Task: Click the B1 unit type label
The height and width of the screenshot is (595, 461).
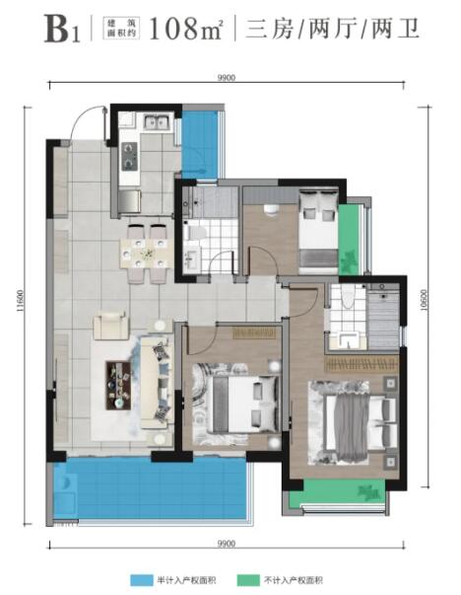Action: [62, 30]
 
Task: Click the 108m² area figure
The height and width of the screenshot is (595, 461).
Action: [185, 29]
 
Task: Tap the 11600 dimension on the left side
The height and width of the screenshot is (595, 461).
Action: [20, 302]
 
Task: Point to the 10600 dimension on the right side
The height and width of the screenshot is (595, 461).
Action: [424, 301]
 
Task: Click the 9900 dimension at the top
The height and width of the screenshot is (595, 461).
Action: [227, 78]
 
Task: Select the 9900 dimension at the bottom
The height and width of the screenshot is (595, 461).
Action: [227, 544]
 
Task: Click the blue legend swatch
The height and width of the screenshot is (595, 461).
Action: [142, 580]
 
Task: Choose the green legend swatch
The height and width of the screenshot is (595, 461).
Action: [248, 580]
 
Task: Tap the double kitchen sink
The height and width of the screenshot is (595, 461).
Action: [156, 122]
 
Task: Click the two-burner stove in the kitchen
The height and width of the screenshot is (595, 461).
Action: [129, 156]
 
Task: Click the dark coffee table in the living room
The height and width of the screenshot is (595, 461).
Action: [118, 385]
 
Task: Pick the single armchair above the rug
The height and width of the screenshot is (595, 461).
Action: [111, 326]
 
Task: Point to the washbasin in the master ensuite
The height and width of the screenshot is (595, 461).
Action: [348, 339]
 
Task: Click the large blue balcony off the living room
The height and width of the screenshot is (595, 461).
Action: [150, 488]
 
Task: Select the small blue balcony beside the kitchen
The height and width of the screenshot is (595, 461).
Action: [200, 145]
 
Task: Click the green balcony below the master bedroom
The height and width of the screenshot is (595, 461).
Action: [337, 492]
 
